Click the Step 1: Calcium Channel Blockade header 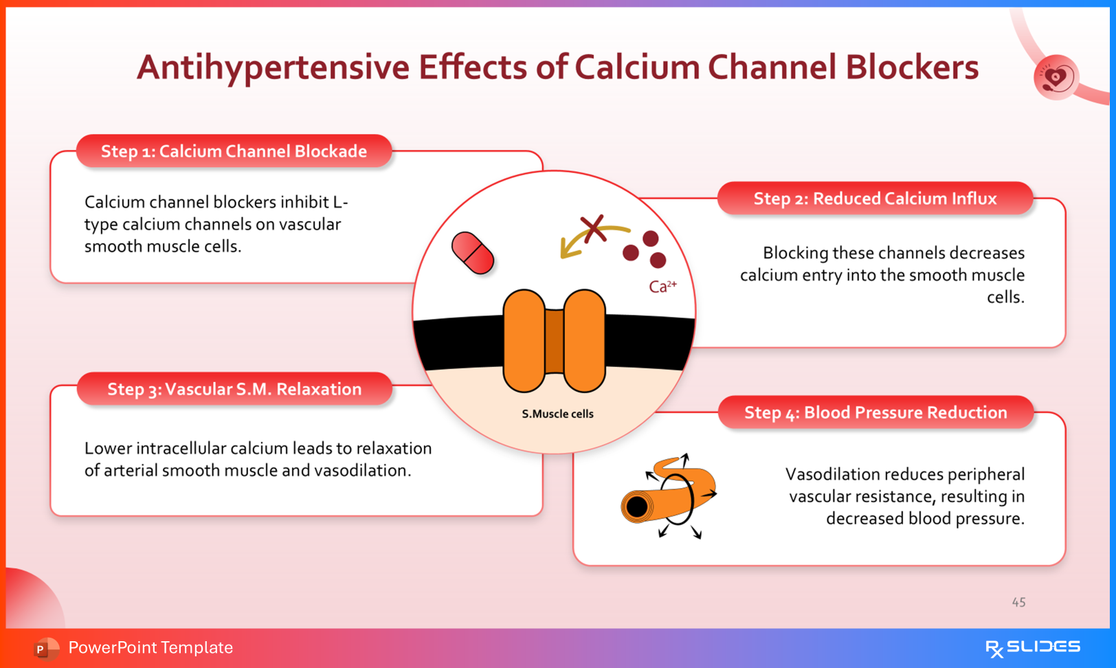click(234, 151)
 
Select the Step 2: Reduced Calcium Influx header click(875, 199)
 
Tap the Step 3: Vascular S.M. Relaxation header click(234, 389)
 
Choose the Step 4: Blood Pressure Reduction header click(875, 412)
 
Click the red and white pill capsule click(473, 253)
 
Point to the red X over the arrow click(593, 228)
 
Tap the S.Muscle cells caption click(557, 414)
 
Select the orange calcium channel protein click(554, 341)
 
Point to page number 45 click(1018, 603)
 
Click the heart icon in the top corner click(1056, 78)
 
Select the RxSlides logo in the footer click(1032, 647)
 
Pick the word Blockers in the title click(912, 67)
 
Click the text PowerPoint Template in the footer click(150, 647)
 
